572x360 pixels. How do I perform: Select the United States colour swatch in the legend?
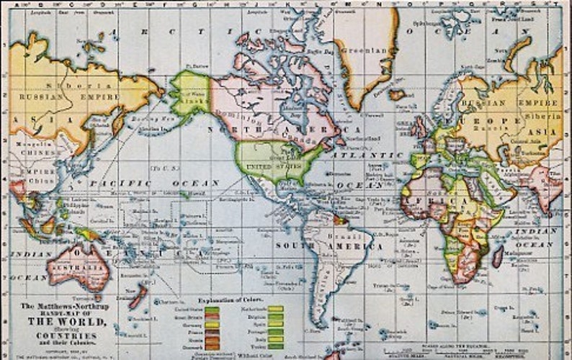212,308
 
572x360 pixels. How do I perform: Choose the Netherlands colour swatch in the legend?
275,308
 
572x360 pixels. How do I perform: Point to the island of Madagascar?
498,255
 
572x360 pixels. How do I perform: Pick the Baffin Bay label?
315,52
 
